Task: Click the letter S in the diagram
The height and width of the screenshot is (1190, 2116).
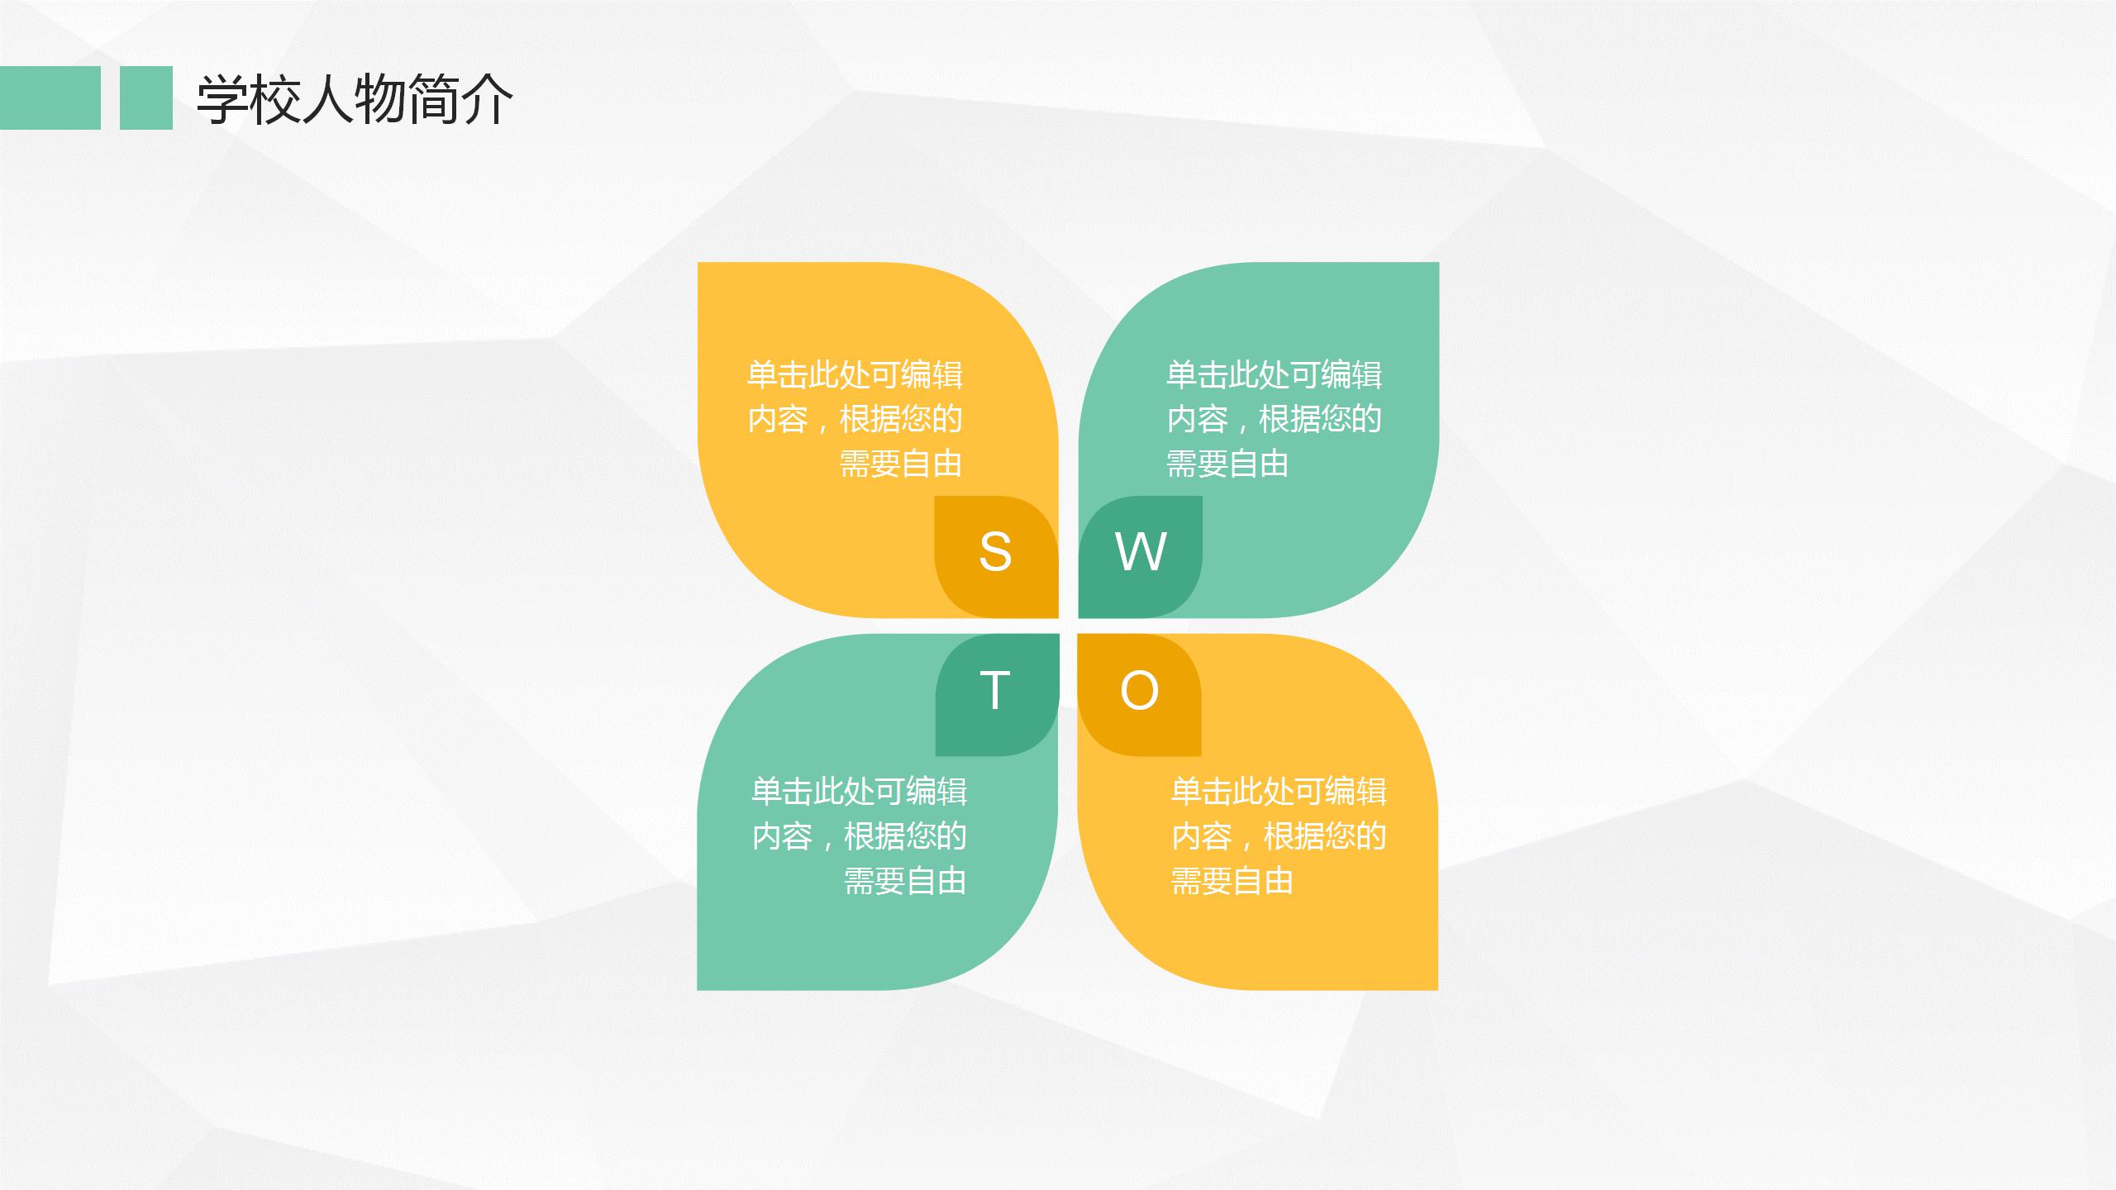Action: [995, 551]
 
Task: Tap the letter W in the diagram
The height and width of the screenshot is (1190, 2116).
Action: [1141, 551]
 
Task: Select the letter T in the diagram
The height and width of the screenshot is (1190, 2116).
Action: [995, 690]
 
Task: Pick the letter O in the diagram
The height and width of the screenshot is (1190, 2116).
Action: [1139, 690]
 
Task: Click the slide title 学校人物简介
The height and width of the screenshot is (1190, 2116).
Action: [355, 99]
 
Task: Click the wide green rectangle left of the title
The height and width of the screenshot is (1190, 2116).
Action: [50, 98]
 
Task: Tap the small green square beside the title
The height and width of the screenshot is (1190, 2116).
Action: [146, 98]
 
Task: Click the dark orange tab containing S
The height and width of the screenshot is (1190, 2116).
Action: [996, 557]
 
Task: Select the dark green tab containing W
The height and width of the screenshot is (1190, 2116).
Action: [1141, 557]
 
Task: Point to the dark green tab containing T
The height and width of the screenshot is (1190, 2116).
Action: [997, 694]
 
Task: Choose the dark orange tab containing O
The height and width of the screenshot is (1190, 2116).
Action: [1139, 694]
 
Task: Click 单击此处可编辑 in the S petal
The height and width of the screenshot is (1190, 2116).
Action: [855, 375]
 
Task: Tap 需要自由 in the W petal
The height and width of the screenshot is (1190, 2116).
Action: [1227, 464]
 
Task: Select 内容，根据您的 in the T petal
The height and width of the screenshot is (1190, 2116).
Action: [860, 836]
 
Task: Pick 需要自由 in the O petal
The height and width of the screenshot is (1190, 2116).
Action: [1232, 881]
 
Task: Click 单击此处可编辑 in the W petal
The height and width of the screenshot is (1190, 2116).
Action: [1275, 375]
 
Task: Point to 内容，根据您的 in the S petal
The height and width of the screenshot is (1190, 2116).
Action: [855, 419]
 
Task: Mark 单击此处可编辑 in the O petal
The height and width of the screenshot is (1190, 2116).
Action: [1280, 792]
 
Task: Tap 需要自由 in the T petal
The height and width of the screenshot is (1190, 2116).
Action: [905, 881]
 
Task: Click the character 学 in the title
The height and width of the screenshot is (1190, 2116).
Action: [222, 99]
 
